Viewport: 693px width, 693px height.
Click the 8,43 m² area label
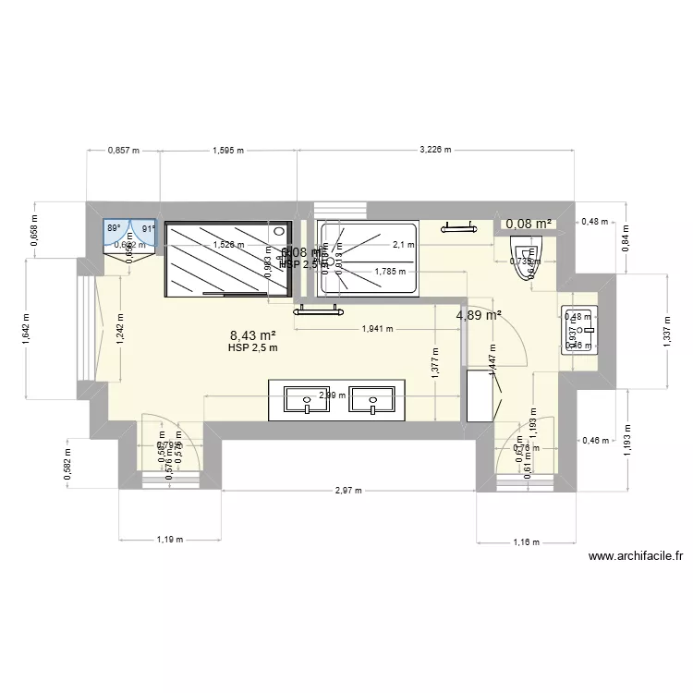pos(253,336)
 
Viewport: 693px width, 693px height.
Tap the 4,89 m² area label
pos(479,315)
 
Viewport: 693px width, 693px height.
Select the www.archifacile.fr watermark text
pos(635,556)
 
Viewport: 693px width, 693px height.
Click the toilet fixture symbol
pos(527,250)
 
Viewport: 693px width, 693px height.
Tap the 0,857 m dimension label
pos(123,149)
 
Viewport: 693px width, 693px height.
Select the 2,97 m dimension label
pos(347,491)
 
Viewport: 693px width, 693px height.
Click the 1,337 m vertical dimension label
pos(668,331)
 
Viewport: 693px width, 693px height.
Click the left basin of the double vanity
pos(304,401)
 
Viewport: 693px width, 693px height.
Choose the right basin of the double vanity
pos(373,402)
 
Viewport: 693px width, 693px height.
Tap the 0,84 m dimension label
pos(626,242)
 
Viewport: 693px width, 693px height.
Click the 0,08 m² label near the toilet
pos(528,223)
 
